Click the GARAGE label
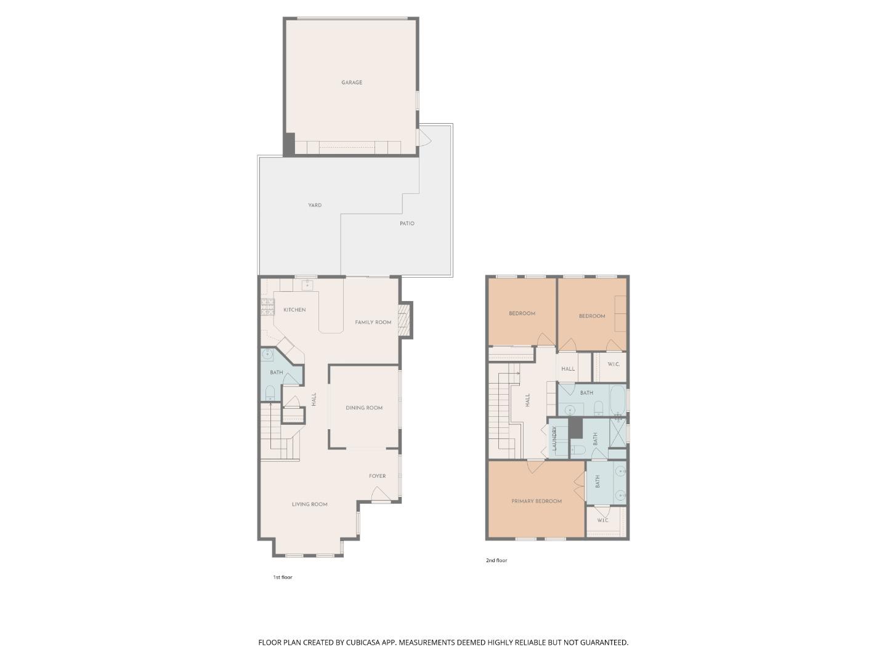[x=352, y=83]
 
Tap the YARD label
[x=315, y=206]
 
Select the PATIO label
[x=407, y=224]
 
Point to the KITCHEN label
[x=294, y=310]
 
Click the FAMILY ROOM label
[x=373, y=322]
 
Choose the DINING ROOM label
[x=364, y=408]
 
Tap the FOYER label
[x=378, y=476]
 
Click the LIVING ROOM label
[x=310, y=504]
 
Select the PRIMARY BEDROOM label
[x=537, y=501]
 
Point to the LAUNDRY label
[x=554, y=439]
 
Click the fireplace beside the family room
[x=404, y=320]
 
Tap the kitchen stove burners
[x=267, y=307]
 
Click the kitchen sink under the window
[x=307, y=285]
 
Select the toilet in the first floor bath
[x=270, y=393]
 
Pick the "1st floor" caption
[x=283, y=578]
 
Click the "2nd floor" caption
[x=496, y=560]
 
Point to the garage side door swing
[x=424, y=138]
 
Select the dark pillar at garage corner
[x=289, y=144]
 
